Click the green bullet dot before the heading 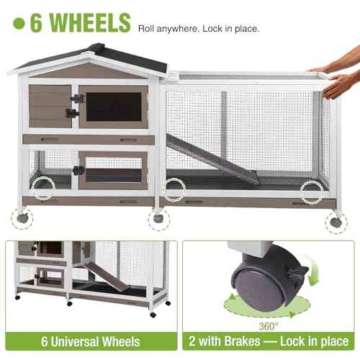(19, 23)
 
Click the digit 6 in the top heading (36, 22)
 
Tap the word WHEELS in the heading (91, 22)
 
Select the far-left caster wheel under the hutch (22, 217)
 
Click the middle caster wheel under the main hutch (158, 218)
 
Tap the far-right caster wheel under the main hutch (336, 222)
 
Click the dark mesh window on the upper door (114, 107)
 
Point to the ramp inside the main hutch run (212, 159)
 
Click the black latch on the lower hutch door (78, 171)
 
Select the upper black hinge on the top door (78, 99)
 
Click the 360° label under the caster (269, 326)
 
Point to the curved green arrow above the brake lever (312, 270)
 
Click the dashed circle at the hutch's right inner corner (312, 192)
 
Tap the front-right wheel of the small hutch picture (152, 315)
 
